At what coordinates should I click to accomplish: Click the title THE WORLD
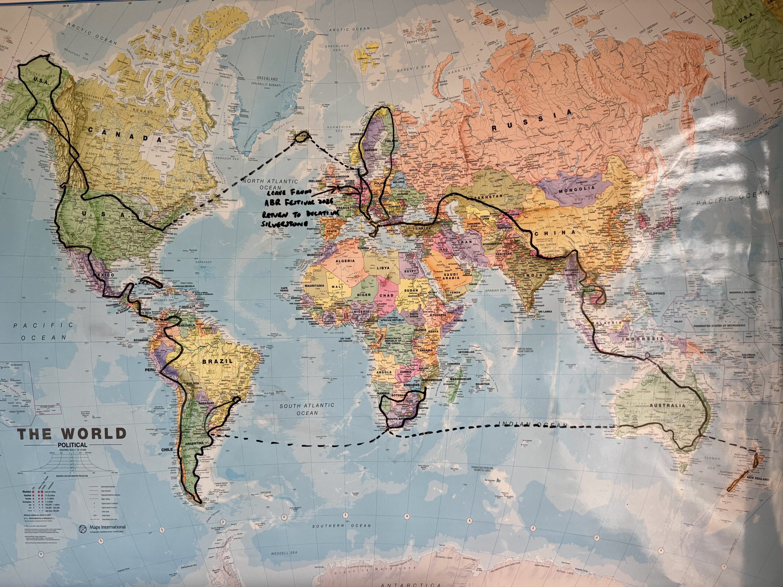pos(72,434)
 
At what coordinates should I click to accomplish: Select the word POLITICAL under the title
pos(72,445)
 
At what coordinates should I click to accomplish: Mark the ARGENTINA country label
pos(193,443)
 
